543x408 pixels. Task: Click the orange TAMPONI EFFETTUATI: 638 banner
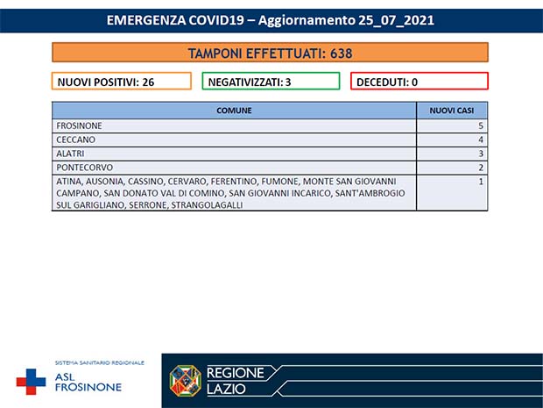pos(270,53)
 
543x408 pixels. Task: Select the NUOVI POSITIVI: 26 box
pos(122,82)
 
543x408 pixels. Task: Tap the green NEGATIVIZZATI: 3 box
pos(271,82)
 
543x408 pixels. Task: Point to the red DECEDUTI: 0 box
pos(419,82)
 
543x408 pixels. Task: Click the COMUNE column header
pos(234,111)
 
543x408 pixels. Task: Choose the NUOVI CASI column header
pos(452,111)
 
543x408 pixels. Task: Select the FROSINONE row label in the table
pos(80,126)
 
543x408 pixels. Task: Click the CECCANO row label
pos(75,140)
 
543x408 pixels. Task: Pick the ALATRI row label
pos(71,154)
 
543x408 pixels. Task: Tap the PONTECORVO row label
pos(83,167)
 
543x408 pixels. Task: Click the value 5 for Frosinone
pos(481,126)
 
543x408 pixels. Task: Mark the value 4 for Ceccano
pos(481,140)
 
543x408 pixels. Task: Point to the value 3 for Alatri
pos(481,154)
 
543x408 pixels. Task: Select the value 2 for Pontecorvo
pos(481,167)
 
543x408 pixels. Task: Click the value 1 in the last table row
pos(481,181)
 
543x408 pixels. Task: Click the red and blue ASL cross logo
pos(32,382)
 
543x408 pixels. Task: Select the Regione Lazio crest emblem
pos(186,381)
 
